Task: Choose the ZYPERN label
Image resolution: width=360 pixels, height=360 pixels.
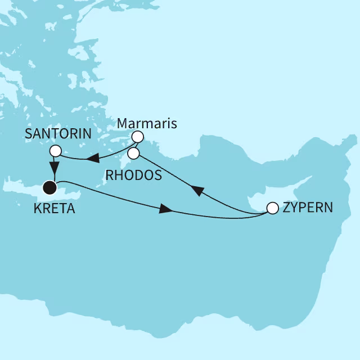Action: (x=308, y=208)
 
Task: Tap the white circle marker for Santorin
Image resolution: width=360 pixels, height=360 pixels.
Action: (x=55, y=151)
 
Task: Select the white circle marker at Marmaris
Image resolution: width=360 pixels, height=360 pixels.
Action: (x=137, y=137)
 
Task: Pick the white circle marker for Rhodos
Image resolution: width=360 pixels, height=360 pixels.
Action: (x=133, y=152)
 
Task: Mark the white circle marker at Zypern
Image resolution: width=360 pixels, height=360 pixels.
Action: (x=272, y=208)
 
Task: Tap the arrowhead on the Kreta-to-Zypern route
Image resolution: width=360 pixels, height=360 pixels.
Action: (x=165, y=209)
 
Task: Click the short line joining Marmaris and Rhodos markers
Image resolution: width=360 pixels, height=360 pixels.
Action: (x=135, y=145)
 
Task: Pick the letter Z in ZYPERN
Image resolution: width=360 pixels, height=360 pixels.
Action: (x=286, y=208)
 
